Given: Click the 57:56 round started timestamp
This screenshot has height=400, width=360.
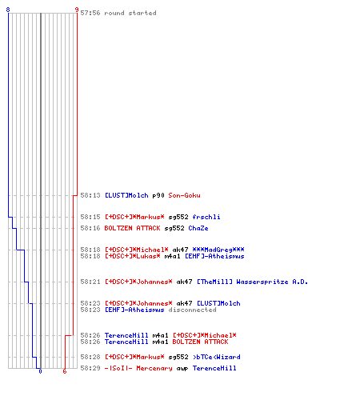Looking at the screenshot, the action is (90, 13).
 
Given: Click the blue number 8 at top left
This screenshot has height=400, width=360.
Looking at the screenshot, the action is (8, 10).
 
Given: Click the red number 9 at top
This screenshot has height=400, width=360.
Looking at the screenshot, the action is (77, 10).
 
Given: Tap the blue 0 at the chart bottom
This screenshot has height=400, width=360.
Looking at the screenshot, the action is (40, 371).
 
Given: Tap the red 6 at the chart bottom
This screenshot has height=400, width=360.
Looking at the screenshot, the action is (65, 371).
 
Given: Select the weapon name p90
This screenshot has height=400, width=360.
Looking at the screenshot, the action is (158, 195).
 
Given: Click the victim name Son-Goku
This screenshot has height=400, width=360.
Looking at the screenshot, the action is (184, 195).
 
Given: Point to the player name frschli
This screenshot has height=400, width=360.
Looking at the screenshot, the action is (206, 217).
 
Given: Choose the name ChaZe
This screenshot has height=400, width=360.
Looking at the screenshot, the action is (198, 228).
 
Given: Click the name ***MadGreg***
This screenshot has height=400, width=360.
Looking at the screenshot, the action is (218, 250).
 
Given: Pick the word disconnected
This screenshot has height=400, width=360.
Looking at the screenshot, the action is (192, 310).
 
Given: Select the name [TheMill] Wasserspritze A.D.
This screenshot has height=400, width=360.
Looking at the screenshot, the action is (252, 282).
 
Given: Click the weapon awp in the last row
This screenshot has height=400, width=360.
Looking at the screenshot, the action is (182, 368).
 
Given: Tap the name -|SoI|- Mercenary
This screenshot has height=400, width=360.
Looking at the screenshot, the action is (138, 368).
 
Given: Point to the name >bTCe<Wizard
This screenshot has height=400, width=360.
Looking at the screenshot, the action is (217, 357).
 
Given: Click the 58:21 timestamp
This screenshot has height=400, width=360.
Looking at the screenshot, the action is (90, 282).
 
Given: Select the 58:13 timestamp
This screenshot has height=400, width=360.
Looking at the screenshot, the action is (90, 195).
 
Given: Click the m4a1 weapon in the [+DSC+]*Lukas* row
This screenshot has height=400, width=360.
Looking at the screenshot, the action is (172, 256).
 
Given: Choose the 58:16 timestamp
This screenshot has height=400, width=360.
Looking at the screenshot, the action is (90, 228).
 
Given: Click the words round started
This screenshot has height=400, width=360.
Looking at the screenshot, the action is (130, 13).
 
